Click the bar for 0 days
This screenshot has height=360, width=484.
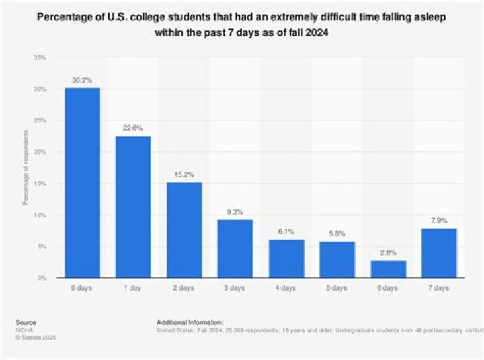(x=82, y=182)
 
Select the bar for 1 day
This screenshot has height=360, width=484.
(x=133, y=207)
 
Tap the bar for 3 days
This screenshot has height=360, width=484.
(x=235, y=248)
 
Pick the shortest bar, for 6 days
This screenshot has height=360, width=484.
(x=389, y=268)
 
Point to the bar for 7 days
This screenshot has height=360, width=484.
(x=440, y=252)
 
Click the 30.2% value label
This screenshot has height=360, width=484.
(x=82, y=79)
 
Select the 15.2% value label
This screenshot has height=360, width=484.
(x=184, y=174)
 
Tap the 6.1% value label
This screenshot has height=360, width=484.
(x=286, y=231)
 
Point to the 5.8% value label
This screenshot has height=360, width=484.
(x=337, y=233)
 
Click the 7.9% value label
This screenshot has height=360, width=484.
(x=440, y=220)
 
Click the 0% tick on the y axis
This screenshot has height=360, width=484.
(x=42, y=278)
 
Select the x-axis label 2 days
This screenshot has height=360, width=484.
(x=184, y=288)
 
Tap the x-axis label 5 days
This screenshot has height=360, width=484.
(x=337, y=288)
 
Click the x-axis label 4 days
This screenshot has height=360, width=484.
(x=286, y=288)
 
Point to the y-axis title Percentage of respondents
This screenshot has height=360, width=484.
(x=25, y=168)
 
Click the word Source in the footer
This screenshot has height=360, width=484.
(x=27, y=322)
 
